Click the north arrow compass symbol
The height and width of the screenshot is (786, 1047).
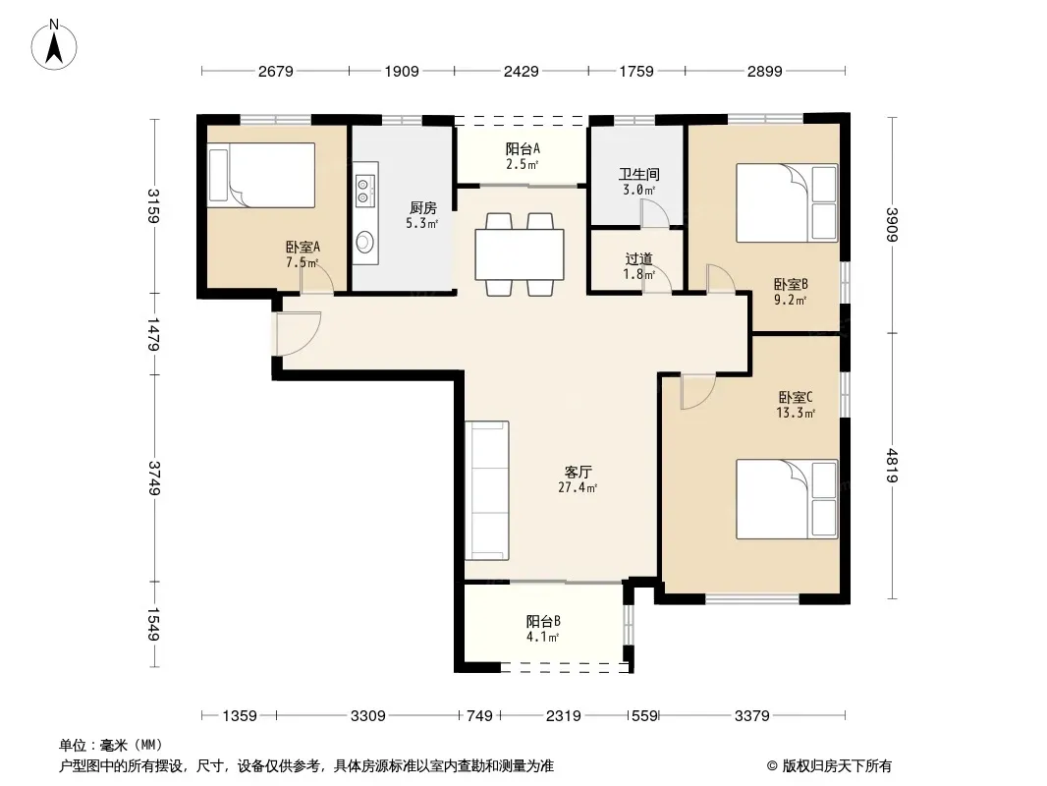[54, 45]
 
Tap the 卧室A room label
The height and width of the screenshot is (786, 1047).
[303, 247]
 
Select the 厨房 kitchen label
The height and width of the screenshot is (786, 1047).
[422, 208]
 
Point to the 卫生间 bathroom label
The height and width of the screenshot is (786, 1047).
[639, 174]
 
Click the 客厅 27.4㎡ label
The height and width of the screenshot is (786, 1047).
[578, 479]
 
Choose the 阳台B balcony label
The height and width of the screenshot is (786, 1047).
[543, 621]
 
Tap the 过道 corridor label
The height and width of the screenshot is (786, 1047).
[639, 258]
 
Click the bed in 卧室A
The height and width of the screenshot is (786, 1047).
[261, 175]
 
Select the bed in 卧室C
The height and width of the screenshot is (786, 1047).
[787, 499]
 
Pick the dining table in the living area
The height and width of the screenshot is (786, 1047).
[520, 254]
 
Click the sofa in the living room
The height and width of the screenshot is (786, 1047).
[487, 490]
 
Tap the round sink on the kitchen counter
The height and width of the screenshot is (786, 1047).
[364, 242]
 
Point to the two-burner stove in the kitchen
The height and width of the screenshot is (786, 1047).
[364, 190]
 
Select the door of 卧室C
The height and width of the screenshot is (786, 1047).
[697, 391]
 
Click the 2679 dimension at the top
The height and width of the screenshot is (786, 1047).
[276, 71]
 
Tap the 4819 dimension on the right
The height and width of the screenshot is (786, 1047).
[892, 466]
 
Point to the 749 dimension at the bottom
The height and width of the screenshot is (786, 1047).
[479, 716]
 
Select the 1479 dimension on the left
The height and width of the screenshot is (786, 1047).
[153, 334]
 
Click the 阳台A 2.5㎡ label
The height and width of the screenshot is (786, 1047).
[523, 156]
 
